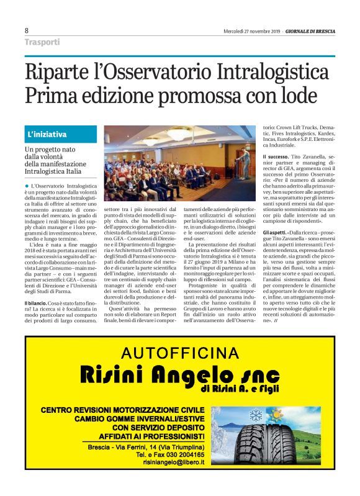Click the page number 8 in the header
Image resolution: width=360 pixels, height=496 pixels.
[x=27, y=30]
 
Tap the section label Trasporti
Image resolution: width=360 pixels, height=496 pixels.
[x=42, y=42]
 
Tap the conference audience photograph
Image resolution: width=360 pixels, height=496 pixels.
[x=179, y=163]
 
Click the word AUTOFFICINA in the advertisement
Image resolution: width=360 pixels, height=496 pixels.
[x=179, y=354]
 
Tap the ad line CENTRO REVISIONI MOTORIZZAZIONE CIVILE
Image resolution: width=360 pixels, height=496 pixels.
[x=122, y=410]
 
